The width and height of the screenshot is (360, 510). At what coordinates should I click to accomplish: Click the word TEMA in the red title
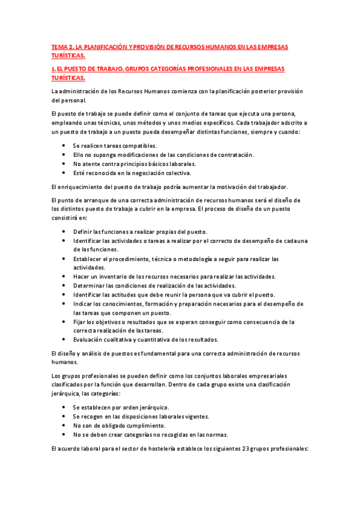58,45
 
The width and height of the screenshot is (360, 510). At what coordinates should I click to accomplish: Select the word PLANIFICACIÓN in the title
109,45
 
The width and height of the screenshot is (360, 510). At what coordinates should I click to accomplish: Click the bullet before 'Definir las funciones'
64,232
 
